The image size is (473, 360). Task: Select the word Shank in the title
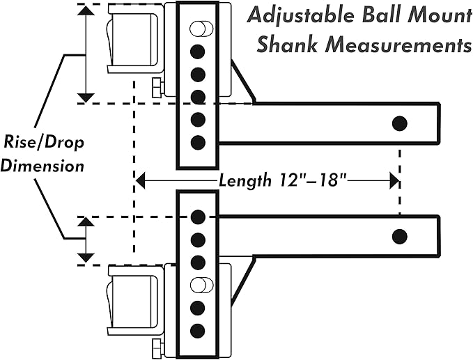(x=281, y=46)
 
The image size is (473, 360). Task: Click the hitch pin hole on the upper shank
(x=399, y=123)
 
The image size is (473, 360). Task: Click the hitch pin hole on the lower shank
(x=399, y=236)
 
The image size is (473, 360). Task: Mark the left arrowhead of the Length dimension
(x=140, y=181)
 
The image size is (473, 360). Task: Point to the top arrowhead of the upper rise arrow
(x=85, y=10)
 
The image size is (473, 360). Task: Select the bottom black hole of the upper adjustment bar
(x=198, y=143)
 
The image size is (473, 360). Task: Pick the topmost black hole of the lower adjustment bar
(x=198, y=216)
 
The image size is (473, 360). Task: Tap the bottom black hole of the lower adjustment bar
(x=198, y=329)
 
